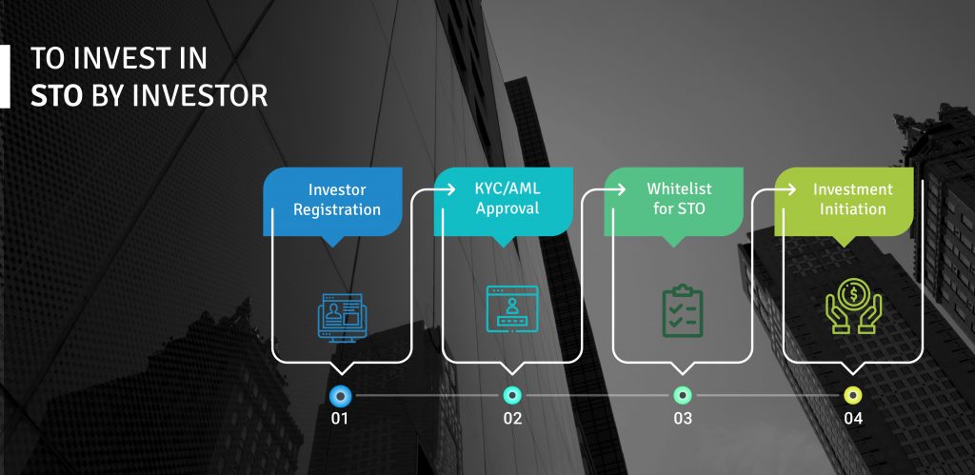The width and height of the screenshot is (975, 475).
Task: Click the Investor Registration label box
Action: (332, 202)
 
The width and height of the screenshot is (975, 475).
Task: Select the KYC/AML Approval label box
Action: (503, 202)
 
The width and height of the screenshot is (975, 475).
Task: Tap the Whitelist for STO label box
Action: (673, 202)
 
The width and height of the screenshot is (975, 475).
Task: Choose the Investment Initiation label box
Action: (844, 202)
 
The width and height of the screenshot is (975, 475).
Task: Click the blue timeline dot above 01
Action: (340, 395)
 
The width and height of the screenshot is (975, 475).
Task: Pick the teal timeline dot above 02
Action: (511, 395)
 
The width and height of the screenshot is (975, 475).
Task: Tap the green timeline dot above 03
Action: (682, 395)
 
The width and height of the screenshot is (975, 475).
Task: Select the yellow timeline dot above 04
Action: (852, 395)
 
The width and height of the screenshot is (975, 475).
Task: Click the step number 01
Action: (340, 419)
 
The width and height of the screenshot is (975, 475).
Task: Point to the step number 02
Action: (512, 419)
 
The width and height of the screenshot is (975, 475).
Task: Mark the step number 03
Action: (683, 419)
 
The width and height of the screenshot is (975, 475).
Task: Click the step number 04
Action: (853, 419)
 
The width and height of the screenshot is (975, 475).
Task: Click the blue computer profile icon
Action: (342, 318)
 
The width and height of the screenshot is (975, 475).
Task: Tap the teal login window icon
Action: (511, 308)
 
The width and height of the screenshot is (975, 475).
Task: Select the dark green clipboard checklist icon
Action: (682, 311)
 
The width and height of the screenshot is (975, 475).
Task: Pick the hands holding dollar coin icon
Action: (853, 306)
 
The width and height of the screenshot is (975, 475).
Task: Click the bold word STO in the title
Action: (56, 96)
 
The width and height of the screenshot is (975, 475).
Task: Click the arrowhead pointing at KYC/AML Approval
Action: (449, 189)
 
